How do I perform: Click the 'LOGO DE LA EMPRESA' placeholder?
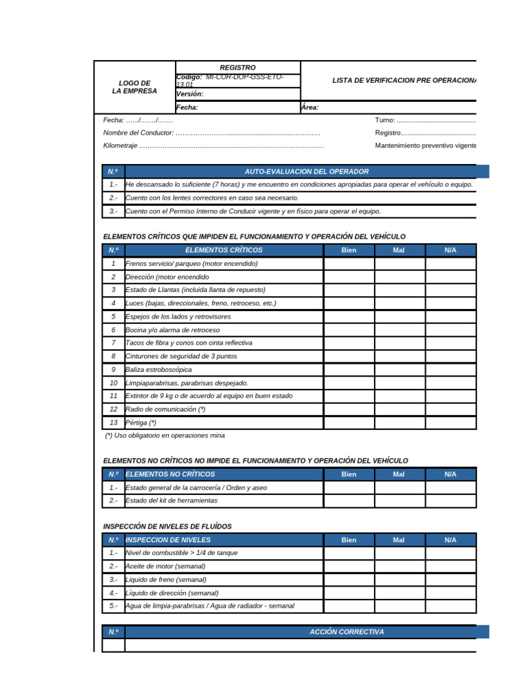pos(135,87)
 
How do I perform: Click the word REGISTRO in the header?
pos(237,68)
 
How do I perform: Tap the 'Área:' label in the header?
pos(310,107)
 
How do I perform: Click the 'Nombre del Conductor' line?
pos(211,133)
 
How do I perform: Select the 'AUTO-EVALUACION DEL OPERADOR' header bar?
pos(306,172)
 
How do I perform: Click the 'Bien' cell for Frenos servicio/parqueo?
pos(349,264)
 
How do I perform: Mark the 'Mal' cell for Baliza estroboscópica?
pos(399,370)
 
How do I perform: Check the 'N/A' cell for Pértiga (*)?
pos(450,423)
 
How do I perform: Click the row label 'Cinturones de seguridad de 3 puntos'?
pos(181,356)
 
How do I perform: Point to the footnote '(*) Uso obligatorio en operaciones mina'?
pos(165,435)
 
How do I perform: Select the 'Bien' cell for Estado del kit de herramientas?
pos(349,501)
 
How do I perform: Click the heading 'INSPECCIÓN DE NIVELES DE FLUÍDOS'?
pos(167,526)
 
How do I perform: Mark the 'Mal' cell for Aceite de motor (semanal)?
pos(399,567)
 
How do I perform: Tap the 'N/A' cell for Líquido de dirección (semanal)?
pos(450,593)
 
